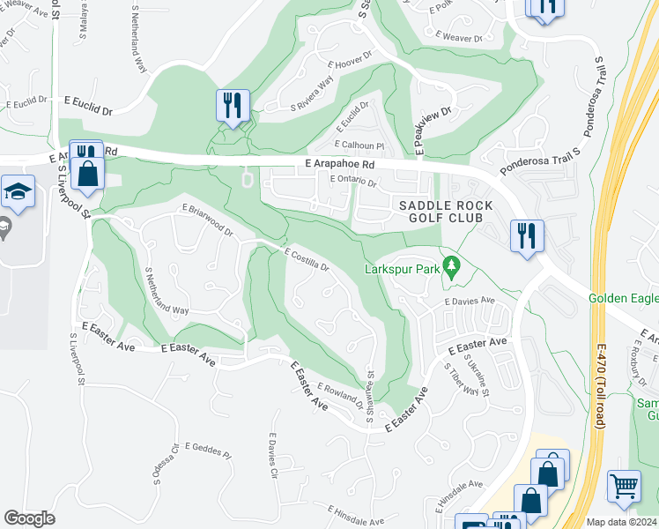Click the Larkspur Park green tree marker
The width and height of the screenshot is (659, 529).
coord(452,265)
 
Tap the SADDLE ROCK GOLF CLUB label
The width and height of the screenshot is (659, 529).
coord(441,211)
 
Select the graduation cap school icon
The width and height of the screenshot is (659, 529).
coord(18,192)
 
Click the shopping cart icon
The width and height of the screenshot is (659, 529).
coord(624,486)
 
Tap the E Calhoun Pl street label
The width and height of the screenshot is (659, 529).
coord(359,145)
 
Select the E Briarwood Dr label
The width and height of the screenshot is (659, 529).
coord(208,221)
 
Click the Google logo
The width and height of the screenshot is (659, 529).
coord(29,518)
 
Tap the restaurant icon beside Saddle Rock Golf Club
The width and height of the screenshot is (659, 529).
coord(527,235)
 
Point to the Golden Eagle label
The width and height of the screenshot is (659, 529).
coord(622,299)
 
